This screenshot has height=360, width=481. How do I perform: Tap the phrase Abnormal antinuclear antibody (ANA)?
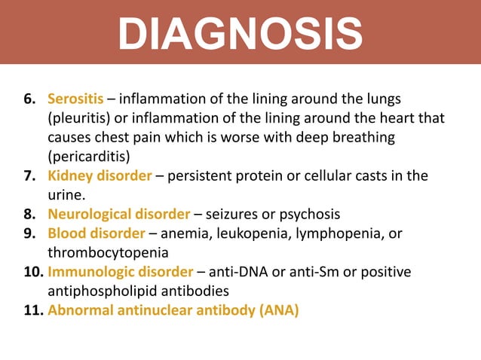(x=173, y=310)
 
